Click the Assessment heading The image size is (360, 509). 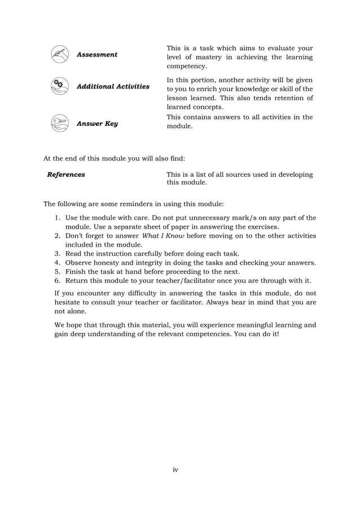point(96,55)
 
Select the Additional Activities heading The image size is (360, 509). point(113,86)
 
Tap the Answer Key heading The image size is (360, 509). point(97,123)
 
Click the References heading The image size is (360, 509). point(66,174)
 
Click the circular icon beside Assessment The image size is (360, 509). point(58,54)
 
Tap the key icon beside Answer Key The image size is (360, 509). point(58,122)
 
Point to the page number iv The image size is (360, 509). point(175,469)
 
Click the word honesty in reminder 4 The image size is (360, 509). point(109,262)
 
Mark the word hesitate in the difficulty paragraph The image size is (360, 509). point(69,302)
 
